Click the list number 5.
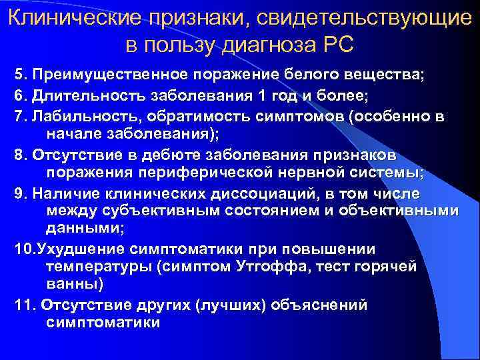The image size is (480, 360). tap(18, 73)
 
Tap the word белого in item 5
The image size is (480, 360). tap(282, 73)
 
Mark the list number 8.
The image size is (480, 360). tap(18, 155)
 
